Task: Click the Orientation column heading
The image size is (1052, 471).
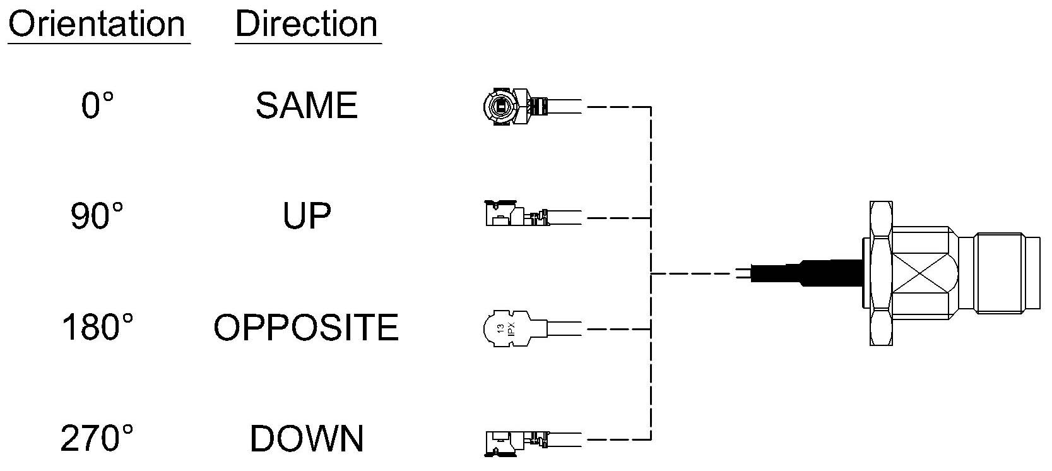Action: tap(97, 24)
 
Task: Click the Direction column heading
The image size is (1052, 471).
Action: tap(307, 24)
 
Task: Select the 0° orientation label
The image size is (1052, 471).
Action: tap(98, 105)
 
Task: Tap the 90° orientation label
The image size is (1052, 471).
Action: tap(97, 216)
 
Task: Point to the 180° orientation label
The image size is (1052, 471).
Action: tap(98, 327)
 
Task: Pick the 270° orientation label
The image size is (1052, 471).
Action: tap(97, 438)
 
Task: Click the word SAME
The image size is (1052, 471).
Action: tap(307, 105)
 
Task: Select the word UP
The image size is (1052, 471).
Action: tap(307, 216)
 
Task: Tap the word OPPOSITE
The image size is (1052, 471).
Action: tap(306, 327)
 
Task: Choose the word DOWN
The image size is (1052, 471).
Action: tap(307, 438)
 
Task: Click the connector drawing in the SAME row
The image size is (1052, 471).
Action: tap(531, 107)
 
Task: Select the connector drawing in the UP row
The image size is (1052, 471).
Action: tap(533, 214)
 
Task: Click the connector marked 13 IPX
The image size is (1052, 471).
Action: tap(531, 328)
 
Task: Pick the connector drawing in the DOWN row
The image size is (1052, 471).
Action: tap(533, 443)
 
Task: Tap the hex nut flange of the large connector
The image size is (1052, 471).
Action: tap(880, 273)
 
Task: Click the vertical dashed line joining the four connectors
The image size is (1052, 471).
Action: tap(651, 273)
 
